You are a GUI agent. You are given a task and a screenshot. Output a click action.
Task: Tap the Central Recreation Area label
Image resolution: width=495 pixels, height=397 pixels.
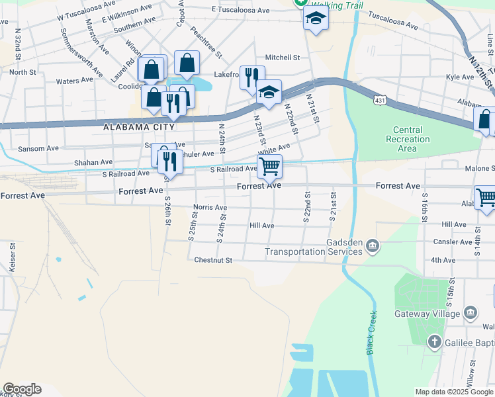(x=411, y=139)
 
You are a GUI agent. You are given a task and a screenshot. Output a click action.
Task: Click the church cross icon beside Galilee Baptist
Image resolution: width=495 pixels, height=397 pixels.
(x=434, y=341)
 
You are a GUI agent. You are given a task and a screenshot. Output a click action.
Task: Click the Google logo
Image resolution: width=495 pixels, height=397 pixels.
(x=22, y=389)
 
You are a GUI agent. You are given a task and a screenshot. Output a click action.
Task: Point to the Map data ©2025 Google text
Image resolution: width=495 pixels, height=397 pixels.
(x=453, y=392)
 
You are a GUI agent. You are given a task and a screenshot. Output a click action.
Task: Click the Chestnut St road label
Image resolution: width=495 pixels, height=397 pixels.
(x=213, y=260)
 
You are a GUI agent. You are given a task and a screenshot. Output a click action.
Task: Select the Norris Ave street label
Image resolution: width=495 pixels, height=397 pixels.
(x=210, y=208)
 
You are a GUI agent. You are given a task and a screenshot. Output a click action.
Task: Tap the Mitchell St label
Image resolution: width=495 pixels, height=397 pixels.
(x=283, y=58)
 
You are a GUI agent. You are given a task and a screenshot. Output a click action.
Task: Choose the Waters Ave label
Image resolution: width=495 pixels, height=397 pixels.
(x=75, y=81)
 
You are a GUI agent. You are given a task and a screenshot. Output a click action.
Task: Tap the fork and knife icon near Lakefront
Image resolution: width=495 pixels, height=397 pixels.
(x=251, y=77)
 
